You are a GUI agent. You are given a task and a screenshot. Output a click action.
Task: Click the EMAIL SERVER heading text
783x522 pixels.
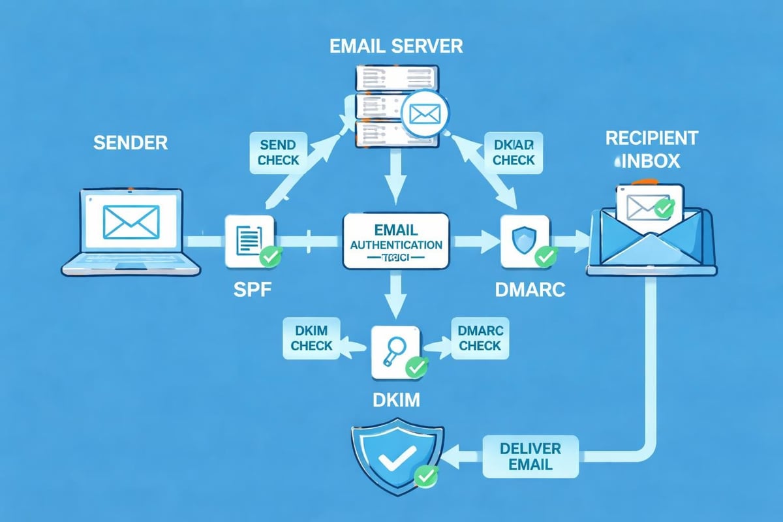[397, 46]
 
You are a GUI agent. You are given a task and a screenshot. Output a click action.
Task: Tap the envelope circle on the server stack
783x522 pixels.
[422, 114]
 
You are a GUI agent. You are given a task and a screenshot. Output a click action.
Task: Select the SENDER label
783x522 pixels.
[130, 143]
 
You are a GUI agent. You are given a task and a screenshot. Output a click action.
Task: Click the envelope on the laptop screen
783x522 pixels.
[131, 221]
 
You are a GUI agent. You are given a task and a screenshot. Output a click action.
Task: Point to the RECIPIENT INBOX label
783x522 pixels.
[651, 149]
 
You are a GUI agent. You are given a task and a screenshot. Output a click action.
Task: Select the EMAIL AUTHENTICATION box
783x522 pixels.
[395, 241]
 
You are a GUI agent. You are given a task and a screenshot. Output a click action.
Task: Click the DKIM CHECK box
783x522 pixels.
[311, 338]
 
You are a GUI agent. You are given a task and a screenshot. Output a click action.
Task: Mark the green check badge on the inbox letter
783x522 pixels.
[664, 209]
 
